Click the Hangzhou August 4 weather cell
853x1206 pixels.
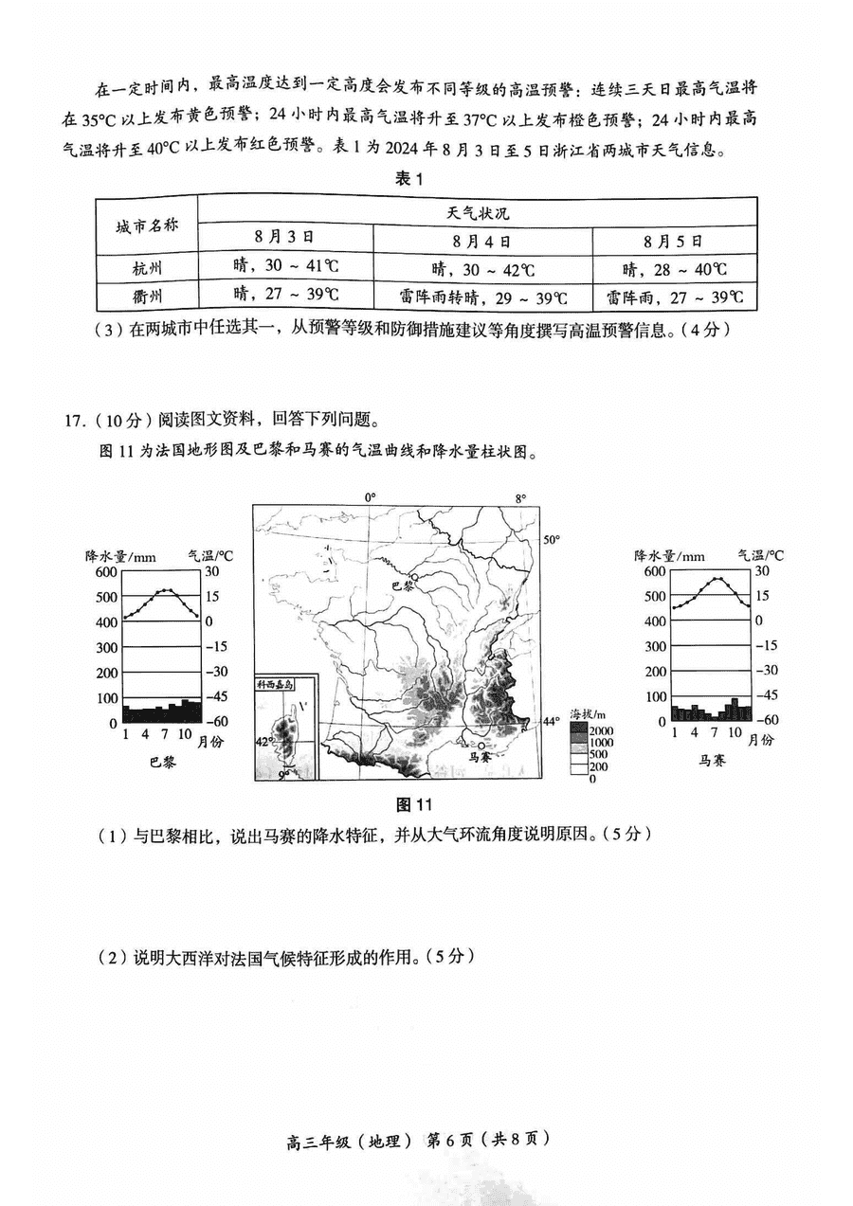point(482,269)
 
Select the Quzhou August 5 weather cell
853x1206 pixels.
point(675,297)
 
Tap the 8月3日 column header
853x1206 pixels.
point(284,239)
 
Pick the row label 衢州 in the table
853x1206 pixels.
point(146,297)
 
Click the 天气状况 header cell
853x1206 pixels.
point(478,212)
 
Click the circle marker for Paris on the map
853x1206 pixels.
point(414,575)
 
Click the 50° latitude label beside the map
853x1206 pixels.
point(552,539)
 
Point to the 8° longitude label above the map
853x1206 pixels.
point(520,497)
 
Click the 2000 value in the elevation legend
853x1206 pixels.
point(601,730)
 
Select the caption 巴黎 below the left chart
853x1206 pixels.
point(162,762)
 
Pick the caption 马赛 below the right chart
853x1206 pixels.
point(713,760)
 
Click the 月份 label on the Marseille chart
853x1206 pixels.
point(759,740)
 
